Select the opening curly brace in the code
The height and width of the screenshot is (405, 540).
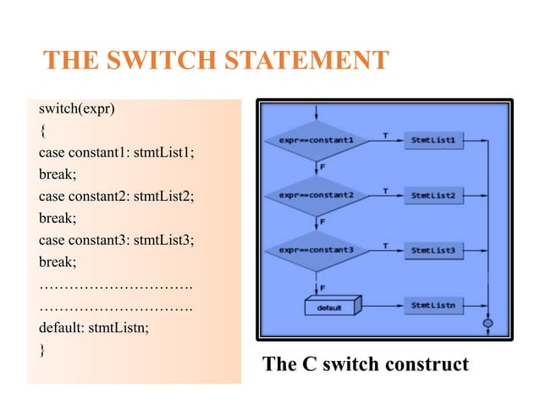(42, 131)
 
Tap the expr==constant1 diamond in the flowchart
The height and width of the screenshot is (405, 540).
(317, 139)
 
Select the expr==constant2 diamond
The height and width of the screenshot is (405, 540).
(317, 196)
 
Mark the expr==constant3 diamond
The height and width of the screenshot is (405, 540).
(317, 252)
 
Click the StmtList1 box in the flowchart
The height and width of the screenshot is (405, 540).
(433, 139)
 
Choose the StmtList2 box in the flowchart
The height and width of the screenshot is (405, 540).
(433, 196)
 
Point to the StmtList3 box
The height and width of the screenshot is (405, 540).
(433, 252)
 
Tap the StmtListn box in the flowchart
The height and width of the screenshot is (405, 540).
(433, 304)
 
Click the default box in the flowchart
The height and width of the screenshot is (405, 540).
(331, 307)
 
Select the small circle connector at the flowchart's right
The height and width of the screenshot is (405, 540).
(488, 323)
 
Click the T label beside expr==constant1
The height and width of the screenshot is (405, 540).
(385, 134)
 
